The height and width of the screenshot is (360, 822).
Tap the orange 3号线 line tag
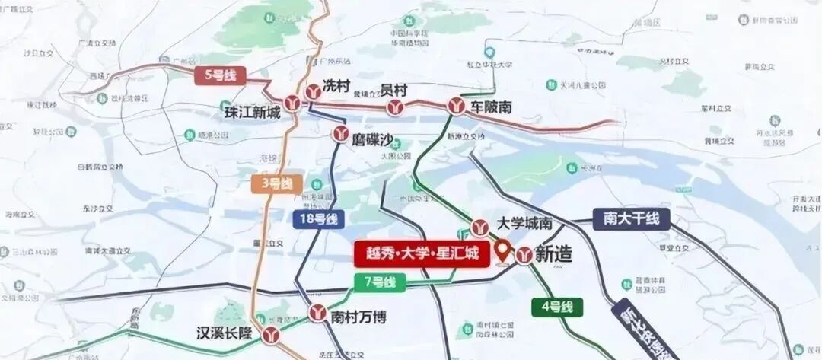(x=276, y=183)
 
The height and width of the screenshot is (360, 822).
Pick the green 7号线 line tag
(x=381, y=282)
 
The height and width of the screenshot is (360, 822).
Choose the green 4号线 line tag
(x=556, y=307)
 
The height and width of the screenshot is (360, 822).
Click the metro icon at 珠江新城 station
(x=292, y=104)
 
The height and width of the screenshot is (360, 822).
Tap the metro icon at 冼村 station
(x=312, y=91)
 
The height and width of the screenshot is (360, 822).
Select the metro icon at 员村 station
(x=393, y=107)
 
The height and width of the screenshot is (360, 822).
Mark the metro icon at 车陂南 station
(x=457, y=107)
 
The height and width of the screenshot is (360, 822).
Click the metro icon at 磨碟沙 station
(x=340, y=135)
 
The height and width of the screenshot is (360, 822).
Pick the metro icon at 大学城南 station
(x=479, y=226)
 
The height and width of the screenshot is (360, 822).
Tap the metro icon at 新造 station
(x=524, y=256)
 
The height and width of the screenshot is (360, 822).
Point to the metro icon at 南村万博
(x=318, y=312)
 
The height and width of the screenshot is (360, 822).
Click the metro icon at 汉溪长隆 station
(x=272, y=334)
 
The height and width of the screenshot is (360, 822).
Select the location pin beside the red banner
(x=502, y=248)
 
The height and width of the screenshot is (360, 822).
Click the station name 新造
(x=553, y=254)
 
